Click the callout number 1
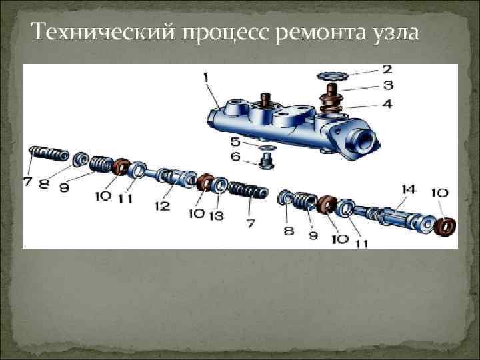tap(205, 78)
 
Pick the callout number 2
tap(386, 69)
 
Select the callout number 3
tap(386, 85)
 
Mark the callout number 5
tap(235, 142)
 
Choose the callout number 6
tap(235, 157)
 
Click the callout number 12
tap(162, 206)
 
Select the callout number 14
tap(408, 191)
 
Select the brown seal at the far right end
tap(445, 226)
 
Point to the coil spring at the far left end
tap(49, 153)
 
